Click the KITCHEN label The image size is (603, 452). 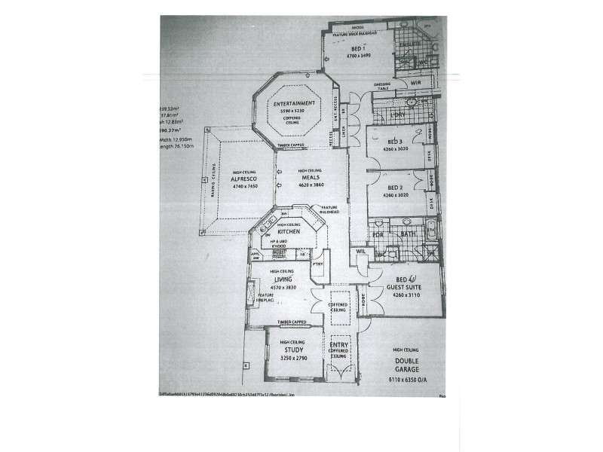(289, 232)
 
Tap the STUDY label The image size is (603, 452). (292, 350)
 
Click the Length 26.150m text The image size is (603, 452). (177, 147)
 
